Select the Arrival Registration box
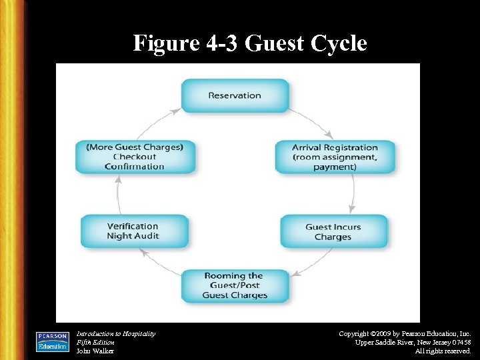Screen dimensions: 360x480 coord(335,157)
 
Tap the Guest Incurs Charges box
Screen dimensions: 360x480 coord(333,231)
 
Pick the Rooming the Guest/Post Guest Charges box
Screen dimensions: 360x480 coord(235,285)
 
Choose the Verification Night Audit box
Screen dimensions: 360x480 coord(133,231)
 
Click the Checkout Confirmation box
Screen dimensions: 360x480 coord(134,157)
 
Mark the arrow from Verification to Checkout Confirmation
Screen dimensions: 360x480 coord(119,194)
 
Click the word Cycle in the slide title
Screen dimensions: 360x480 coord(335,44)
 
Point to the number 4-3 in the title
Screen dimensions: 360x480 coord(219,44)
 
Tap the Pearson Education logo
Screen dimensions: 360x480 coord(52,341)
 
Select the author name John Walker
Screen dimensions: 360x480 coord(95,351)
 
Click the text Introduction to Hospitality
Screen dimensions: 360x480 coord(116,333)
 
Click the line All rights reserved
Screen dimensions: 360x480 coord(443,351)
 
